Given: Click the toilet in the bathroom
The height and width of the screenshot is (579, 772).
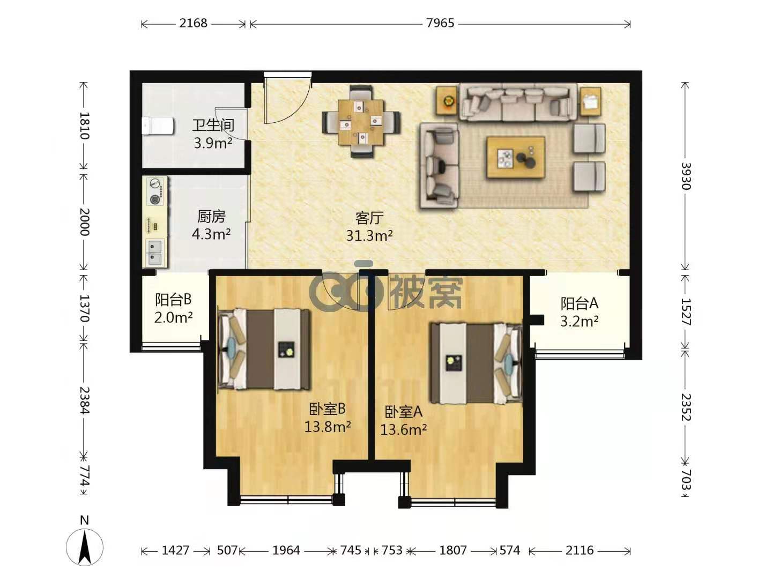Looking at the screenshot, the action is (158, 126).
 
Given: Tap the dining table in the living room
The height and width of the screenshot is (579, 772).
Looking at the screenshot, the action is (361, 123).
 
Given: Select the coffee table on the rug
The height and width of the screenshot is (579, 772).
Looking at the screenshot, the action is (516, 157).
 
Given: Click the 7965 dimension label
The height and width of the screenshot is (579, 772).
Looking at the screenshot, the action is (440, 23).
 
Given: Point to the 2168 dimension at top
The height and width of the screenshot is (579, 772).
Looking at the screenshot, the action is (193, 23).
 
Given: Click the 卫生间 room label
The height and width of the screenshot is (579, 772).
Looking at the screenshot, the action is (213, 125).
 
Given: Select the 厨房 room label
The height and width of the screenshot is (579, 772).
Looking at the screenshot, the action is (211, 217).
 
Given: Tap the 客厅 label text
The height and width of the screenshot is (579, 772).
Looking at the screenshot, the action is (369, 218).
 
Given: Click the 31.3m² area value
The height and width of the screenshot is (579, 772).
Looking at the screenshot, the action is (369, 235).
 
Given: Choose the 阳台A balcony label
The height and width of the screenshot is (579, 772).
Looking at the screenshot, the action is (579, 303).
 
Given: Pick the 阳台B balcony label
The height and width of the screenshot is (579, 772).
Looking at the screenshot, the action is (173, 300).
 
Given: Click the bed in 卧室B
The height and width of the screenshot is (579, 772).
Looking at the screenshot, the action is (264, 349).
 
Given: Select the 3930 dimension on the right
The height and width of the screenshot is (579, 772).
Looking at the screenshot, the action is (686, 176).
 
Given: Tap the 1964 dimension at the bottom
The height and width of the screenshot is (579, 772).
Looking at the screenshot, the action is (286, 550).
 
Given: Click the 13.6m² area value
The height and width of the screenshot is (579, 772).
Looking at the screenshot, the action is (404, 429).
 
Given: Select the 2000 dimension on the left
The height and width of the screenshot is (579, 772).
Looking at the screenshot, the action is (84, 222).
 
